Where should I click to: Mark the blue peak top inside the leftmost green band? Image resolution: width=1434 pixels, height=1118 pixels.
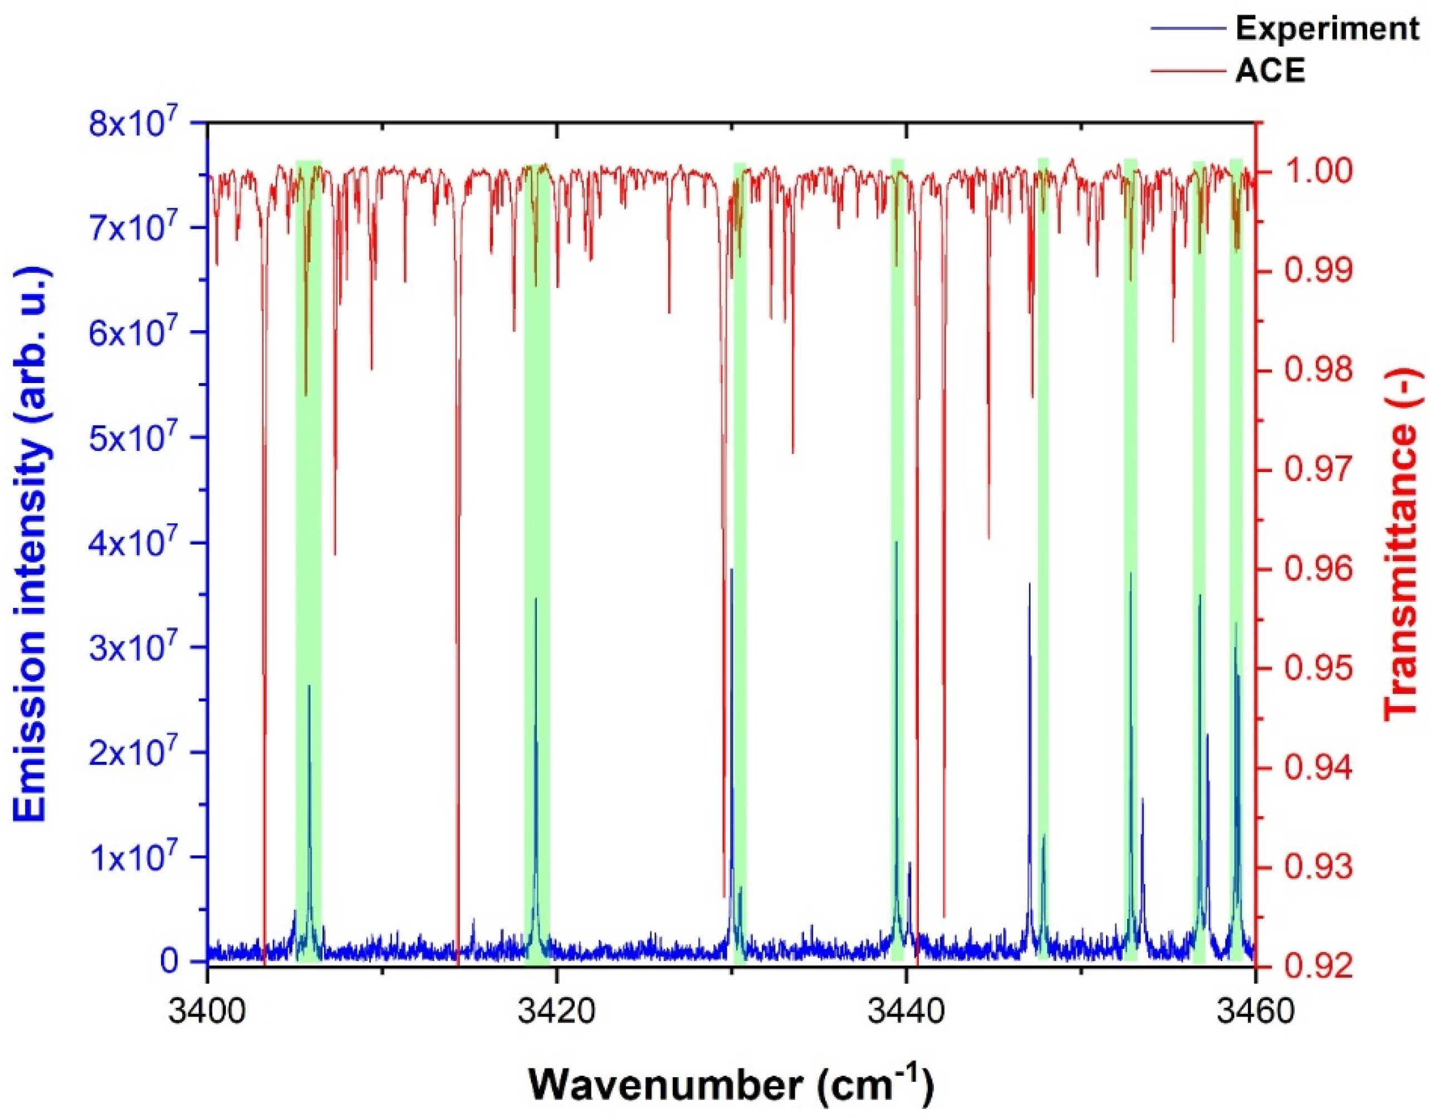click(309, 687)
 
